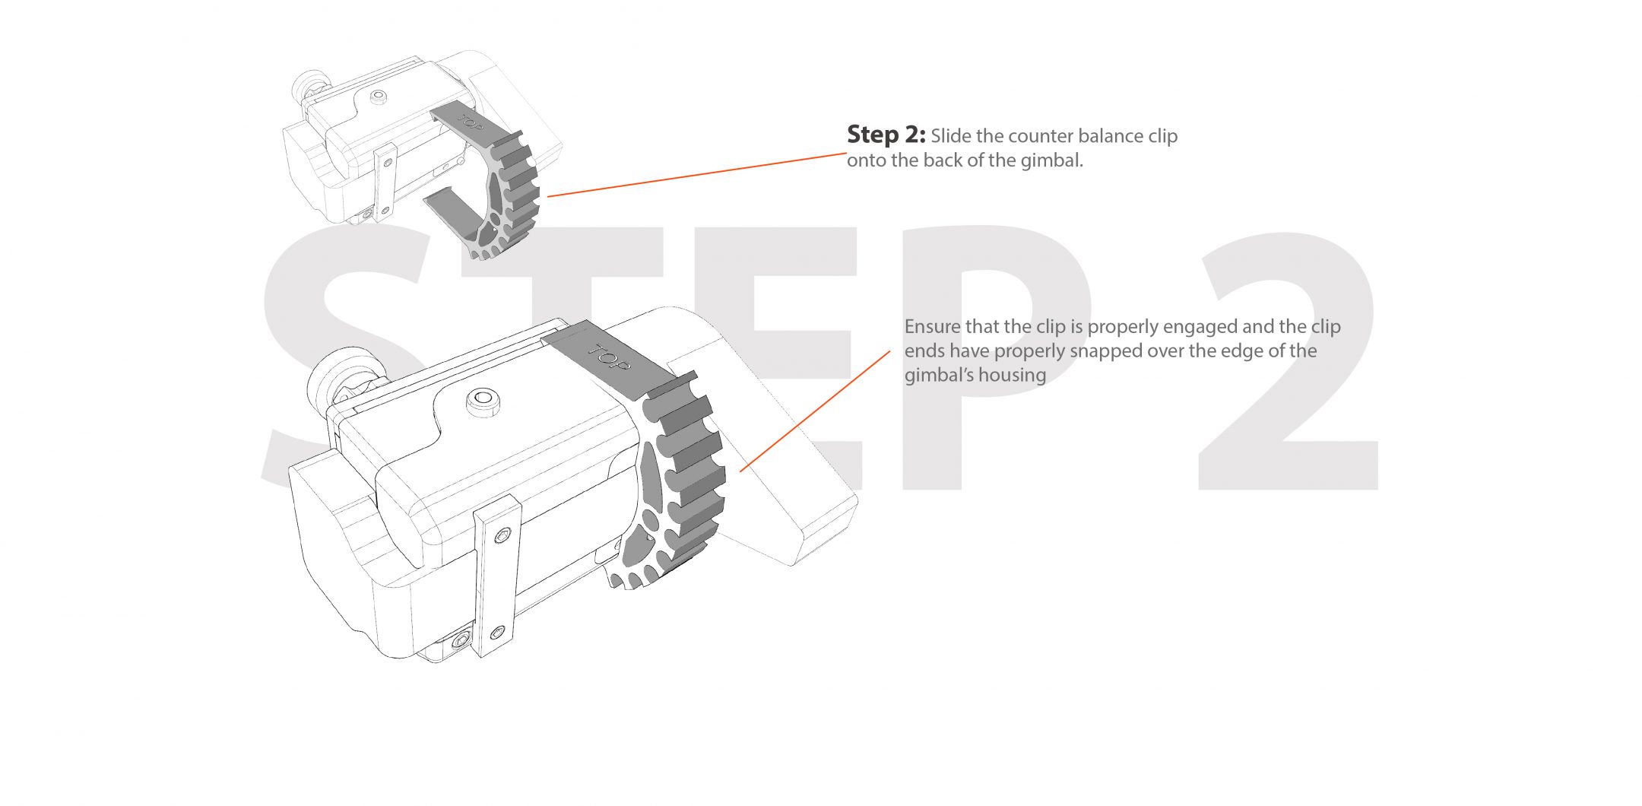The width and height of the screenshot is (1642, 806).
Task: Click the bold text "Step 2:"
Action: pyautogui.click(x=886, y=135)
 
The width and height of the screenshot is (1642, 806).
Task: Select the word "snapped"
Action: pyautogui.click(x=1105, y=352)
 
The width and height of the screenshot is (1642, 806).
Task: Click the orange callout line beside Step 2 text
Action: pyautogui.click(x=697, y=175)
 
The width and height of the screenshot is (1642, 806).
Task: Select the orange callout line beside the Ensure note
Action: pyautogui.click(x=815, y=411)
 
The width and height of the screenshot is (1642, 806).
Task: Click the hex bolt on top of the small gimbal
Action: pyautogui.click(x=378, y=97)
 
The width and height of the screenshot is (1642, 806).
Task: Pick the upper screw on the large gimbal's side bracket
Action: pyautogui.click(x=499, y=537)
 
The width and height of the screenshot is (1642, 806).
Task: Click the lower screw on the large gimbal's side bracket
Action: pyautogui.click(x=497, y=631)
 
